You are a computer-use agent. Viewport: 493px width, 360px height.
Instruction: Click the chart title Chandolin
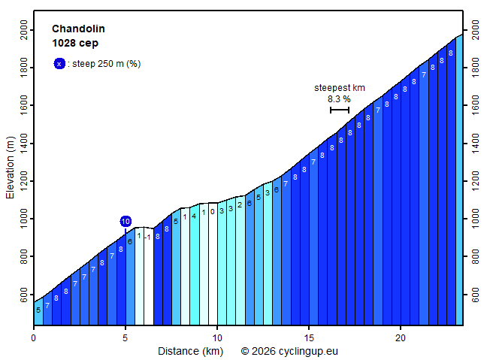point(78,29)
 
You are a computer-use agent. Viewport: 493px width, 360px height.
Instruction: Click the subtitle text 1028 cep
point(75,43)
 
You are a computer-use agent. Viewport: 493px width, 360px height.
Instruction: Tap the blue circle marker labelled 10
point(126,221)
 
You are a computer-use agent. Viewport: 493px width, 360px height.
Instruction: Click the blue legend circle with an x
point(59,64)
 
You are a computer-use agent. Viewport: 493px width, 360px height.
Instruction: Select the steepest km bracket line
point(339,110)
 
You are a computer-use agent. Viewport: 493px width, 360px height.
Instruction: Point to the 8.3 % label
point(339,98)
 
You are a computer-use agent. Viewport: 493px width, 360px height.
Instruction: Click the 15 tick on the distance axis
point(309,338)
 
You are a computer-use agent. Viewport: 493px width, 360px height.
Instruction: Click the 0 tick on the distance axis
point(34,338)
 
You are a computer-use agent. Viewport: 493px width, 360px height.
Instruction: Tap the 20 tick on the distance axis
point(401,338)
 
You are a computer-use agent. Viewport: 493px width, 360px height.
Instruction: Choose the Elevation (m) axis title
point(11,166)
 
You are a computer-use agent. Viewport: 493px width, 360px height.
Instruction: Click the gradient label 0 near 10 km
point(213,212)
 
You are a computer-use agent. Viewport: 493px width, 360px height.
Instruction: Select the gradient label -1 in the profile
point(148,237)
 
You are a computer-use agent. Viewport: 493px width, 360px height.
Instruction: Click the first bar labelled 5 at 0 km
point(38,310)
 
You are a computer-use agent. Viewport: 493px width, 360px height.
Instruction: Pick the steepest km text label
point(339,87)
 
